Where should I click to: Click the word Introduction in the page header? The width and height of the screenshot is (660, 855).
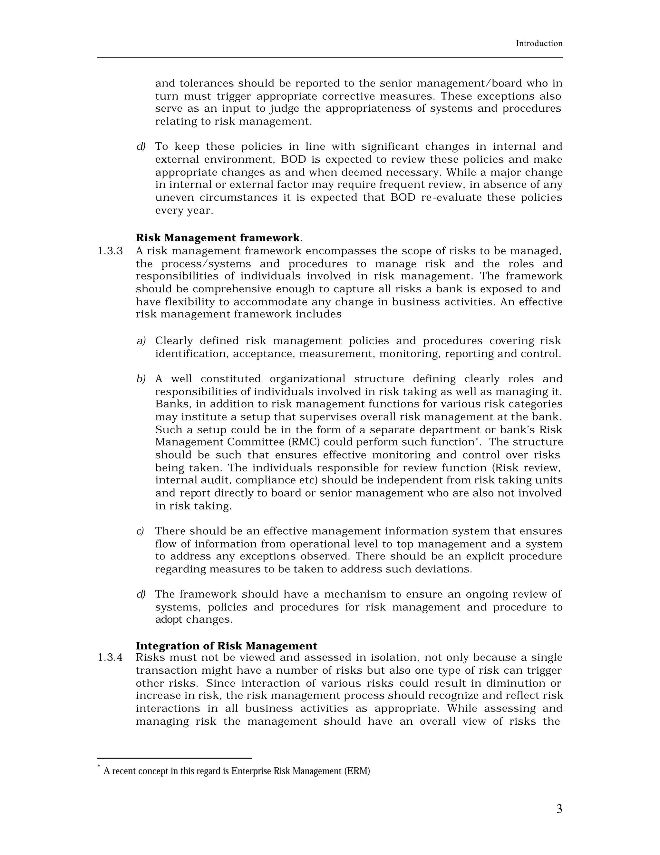[539, 44]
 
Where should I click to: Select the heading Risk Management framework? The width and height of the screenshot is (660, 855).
[218, 238]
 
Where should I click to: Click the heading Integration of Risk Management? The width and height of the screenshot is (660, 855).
[226, 646]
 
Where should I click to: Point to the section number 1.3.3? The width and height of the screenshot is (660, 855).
[110, 251]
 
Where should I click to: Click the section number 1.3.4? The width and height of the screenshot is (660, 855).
[110, 658]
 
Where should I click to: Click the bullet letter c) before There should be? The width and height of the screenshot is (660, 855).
[140, 531]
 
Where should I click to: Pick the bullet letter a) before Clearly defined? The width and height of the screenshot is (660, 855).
[141, 341]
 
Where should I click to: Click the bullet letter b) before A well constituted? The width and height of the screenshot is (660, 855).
[141, 379]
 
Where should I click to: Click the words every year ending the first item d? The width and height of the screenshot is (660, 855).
[184, 211]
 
